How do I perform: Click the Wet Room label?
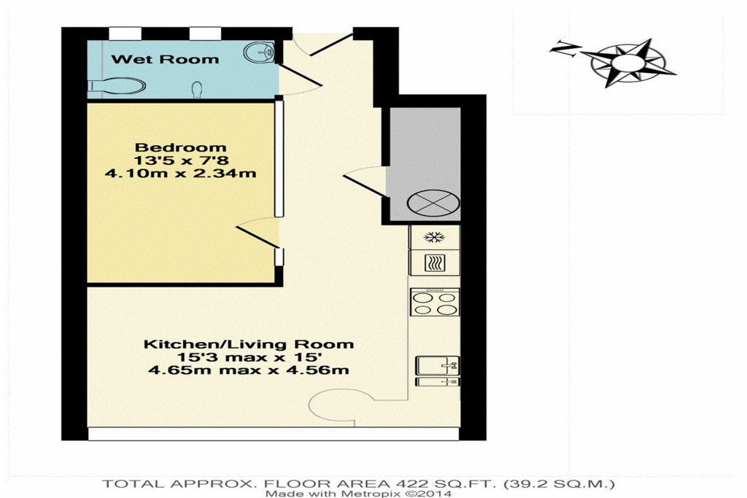(x=165, y=60)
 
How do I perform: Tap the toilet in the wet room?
(x=117, y=86)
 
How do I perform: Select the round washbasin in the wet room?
(x=259, y=52)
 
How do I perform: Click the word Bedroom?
(x=180, y=147)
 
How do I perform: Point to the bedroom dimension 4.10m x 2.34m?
(x=180, y=173)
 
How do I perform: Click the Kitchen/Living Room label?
(x=249, y=344)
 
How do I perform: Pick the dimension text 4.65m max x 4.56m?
(x=249, y=370)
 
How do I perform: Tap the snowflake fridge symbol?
(x=434, y=237)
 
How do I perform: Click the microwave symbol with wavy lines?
(x=434, y=262)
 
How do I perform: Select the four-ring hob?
(x=435, y=303)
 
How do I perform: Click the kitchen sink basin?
(x=438, y=365)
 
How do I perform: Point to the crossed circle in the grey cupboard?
(x=433, y=203)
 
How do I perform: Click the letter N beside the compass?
(x=565, y=49)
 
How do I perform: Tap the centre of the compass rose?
(x=628, y=63)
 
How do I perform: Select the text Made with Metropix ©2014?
(x=358, y=494)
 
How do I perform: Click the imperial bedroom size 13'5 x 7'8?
(x=181, y=160)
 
